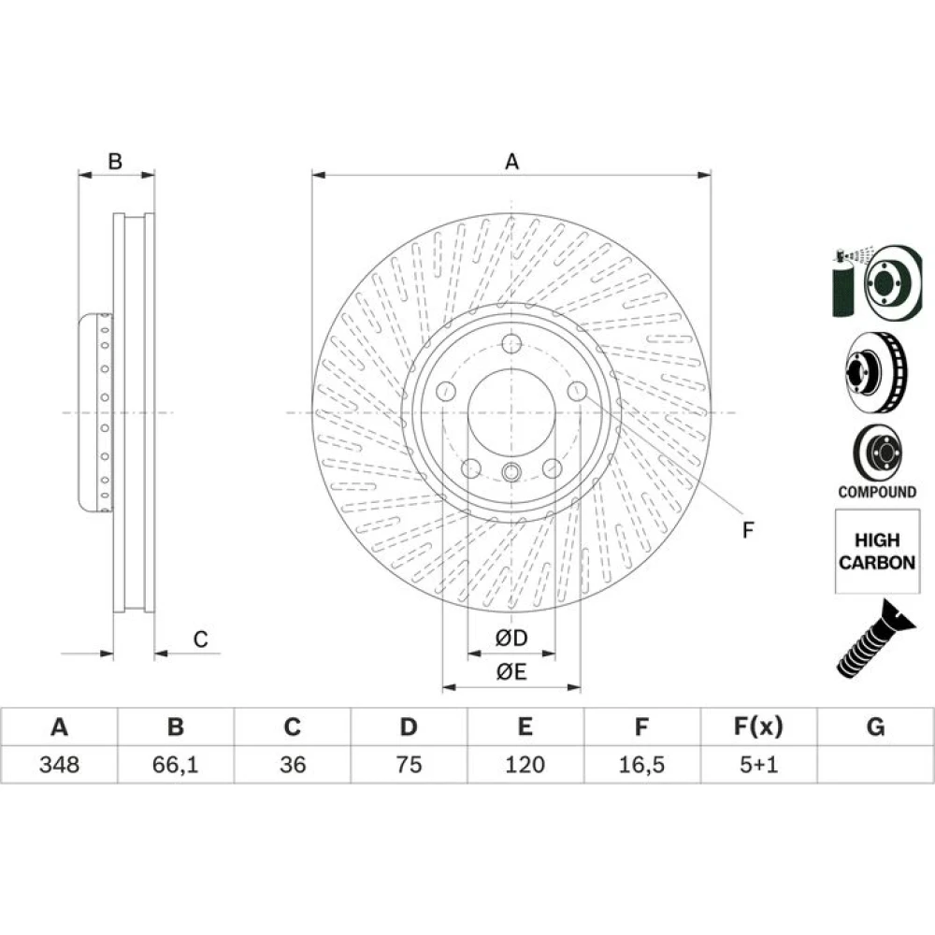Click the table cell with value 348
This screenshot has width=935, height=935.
tap(59, 765)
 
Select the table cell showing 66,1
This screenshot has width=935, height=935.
tap(176, 765)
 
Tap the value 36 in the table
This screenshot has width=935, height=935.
tap(292, 765)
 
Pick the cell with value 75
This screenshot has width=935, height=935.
tap(409, 765)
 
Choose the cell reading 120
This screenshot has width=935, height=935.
tap(525, 765)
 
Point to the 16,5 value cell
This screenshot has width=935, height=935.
tap(641, 765)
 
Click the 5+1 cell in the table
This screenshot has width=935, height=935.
tap(758, 765)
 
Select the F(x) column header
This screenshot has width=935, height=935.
tap(758, 726)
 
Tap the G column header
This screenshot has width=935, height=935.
tap(875, 726)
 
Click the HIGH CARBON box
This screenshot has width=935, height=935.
tap(877, 551)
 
